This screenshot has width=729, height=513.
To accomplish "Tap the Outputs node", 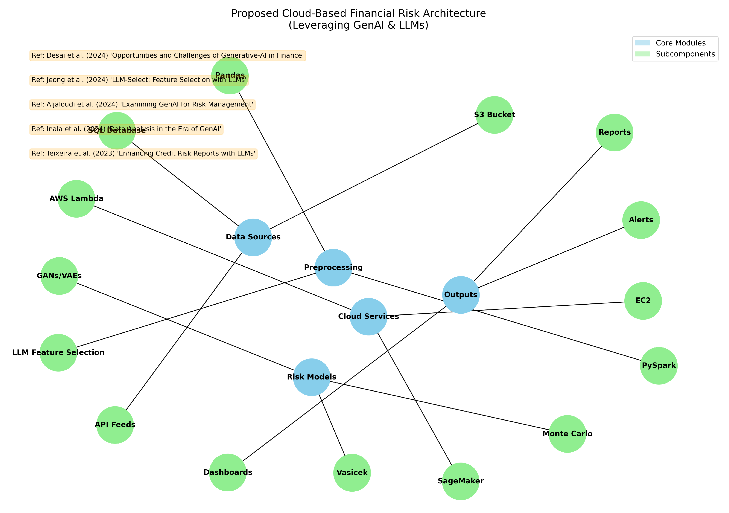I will pyautogui.click(x=461, y=295).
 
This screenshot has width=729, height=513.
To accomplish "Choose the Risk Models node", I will pyautogui.click(x=311, y=377).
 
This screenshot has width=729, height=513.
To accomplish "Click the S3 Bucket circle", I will pyautogui.click(x=494, y=115).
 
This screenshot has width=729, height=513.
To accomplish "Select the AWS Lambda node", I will pyautogui.click(x=76, y=199).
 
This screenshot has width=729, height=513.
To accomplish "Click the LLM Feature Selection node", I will pyautogui.click(x=58, y=353).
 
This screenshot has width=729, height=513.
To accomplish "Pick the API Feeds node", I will pyautogui.click(x=115, y=425).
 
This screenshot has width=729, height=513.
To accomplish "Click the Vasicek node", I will pyautogui.click(x=352, y=473).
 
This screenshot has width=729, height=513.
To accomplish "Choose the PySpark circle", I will pyautogui.click(x=659, y=366).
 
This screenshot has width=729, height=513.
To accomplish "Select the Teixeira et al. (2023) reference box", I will pyautogui.click(x=143, y=154).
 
